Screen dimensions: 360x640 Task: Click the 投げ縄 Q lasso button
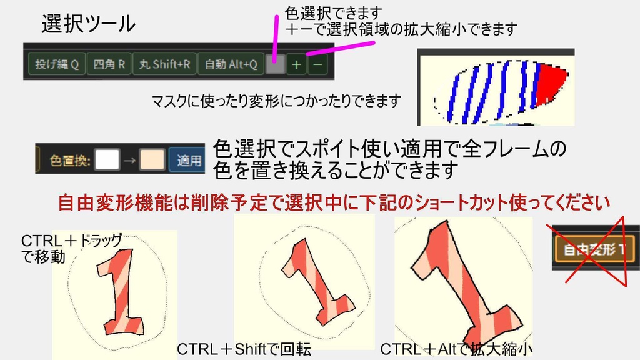pyautogui.click(x=56, y=64)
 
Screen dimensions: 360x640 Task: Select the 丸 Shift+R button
pyautogui.click(x=164, y=64)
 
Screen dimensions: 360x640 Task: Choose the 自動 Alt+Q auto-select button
pyautogui.click(x=231, y=64)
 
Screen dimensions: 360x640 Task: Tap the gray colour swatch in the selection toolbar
pyautogui.click(x=275, y=64)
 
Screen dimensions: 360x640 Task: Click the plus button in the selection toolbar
pyautogui.click(x=297, y=64)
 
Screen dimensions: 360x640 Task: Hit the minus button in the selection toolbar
pyautogui.click(x=317, y=64)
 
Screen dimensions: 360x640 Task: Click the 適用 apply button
pyautogui.click(x=189, y=160)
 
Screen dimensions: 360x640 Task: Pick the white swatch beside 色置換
pyautogui.click(x=107, y=160)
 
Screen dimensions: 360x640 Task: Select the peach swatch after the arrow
pyautogui.click(x=152, y=160)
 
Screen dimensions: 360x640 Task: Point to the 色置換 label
pyautogui.click(x=71, y=161)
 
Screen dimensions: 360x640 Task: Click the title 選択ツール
pyautogui.click(x=88, y=24)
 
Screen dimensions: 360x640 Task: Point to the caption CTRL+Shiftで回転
pyautogui.click(x=244, y=349)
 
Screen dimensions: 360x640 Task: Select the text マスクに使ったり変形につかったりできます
pyautogui.click(x=276, y=100)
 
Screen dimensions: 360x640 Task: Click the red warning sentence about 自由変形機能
pyautogui.click(x=334, y=203)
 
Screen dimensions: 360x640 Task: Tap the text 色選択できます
pyautogui.click(x=333, y=12)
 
